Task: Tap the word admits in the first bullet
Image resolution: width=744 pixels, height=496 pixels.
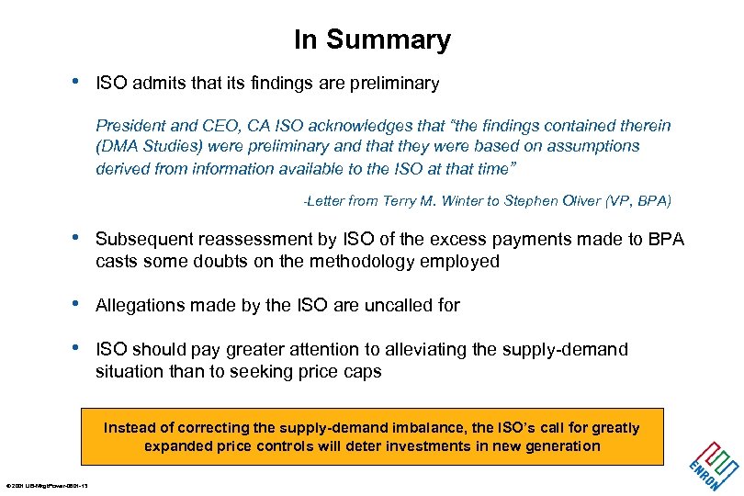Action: (156, 84)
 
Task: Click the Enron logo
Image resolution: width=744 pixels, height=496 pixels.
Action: (713, 465)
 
